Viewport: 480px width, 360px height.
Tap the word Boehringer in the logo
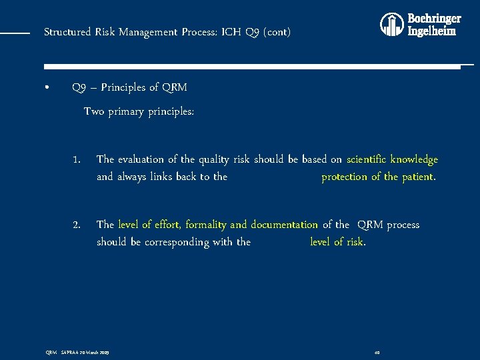coord(434,19)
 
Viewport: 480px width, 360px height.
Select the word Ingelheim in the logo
coord(432,31)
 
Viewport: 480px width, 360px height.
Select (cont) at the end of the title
coord(275,32)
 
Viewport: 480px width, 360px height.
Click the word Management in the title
coord(147,32)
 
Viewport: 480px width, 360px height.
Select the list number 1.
coord(77,160)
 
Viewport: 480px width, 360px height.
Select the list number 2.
coord(77,225)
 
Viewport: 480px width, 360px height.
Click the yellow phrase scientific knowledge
coord(392,160)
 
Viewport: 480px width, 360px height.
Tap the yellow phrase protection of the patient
coord(379,177)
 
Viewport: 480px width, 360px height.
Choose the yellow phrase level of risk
coord(337,241)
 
